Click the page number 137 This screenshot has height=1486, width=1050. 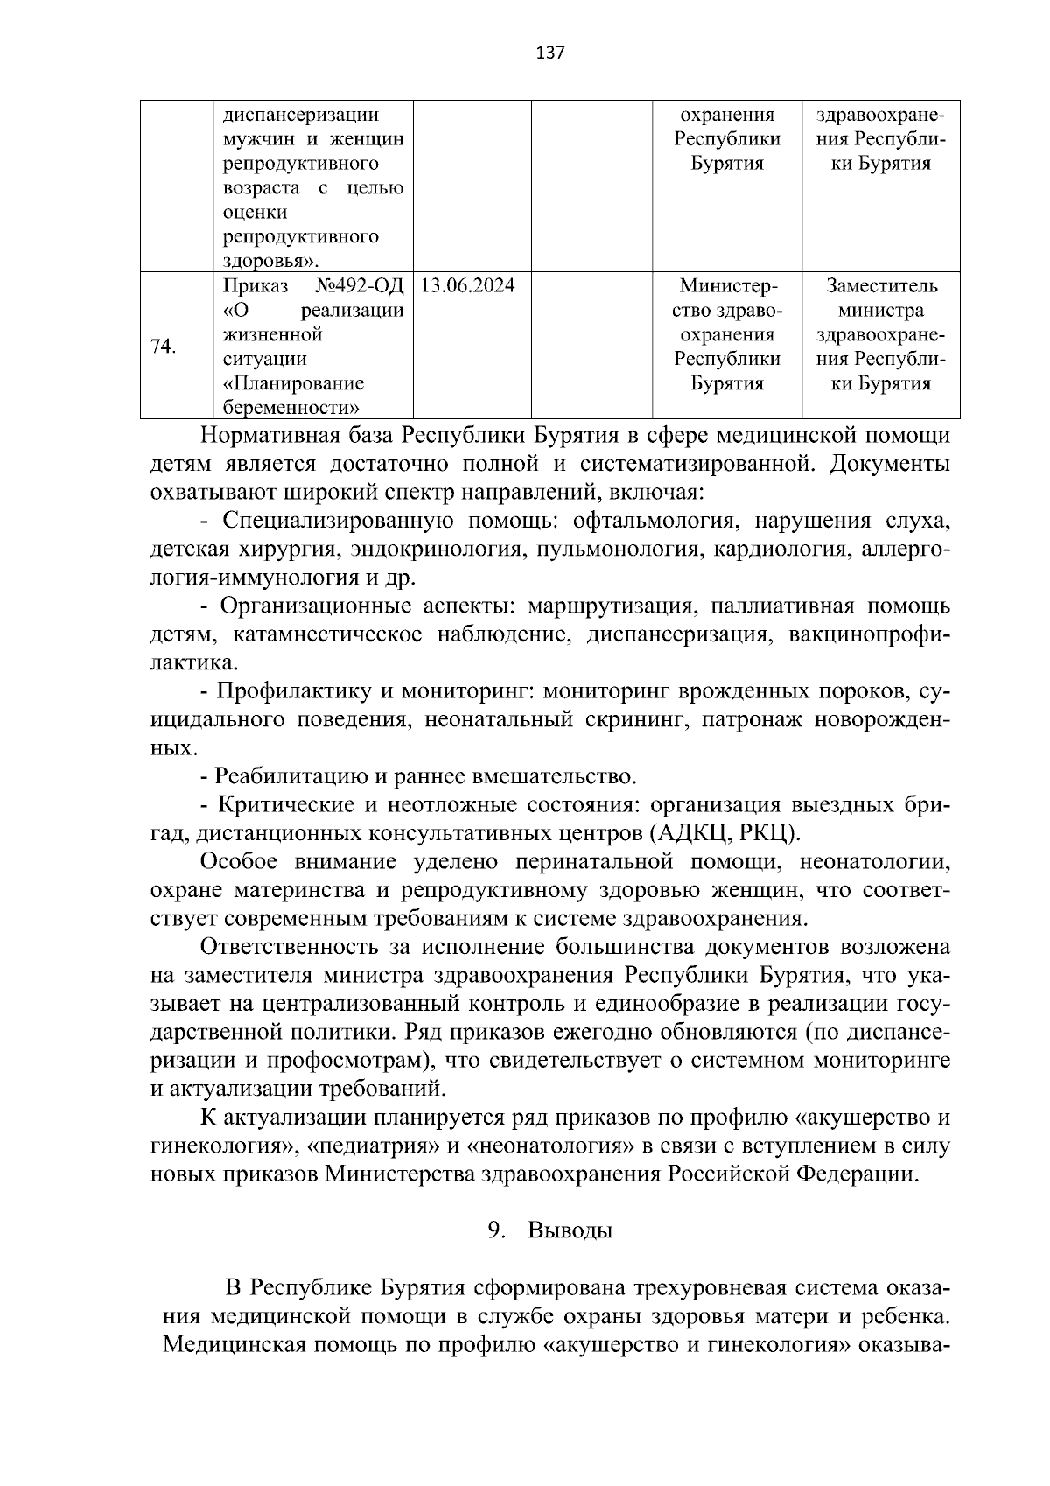(550, 53)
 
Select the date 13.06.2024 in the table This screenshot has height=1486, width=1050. (468, 286)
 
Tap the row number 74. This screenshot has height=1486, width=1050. (164, 346)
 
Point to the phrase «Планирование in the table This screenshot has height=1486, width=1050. (294, 383)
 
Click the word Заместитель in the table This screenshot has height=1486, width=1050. (881, 286)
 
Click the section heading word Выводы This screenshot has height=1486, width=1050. (570, 1230)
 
